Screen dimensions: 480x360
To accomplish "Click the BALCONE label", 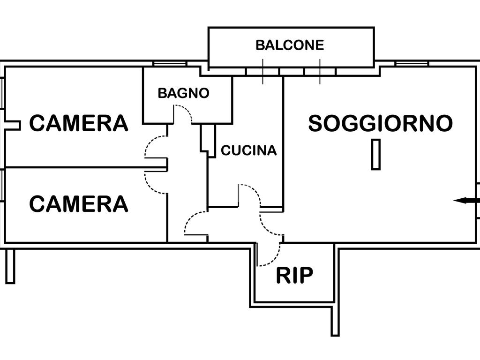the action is click(290, 45).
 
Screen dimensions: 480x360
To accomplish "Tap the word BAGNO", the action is click(183, 93).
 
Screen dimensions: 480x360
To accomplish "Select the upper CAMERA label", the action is click(79, 123).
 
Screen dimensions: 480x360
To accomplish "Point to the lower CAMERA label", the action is click(79, 204).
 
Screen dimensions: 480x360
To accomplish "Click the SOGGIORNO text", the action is click(380, 123).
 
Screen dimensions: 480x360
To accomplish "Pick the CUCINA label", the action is click(248, 150).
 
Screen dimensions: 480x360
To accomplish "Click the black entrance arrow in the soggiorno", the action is click(466, 201).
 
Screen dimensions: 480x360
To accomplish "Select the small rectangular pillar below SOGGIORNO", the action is click(376, 154).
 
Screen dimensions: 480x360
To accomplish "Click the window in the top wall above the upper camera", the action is click(170, 64).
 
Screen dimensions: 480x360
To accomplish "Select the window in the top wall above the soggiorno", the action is click(412, 64).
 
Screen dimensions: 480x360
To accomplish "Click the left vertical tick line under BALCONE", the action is click(262, 71).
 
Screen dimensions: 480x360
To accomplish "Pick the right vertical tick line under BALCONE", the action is click(320, 71).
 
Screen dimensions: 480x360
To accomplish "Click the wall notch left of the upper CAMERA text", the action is click(13, 125).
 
